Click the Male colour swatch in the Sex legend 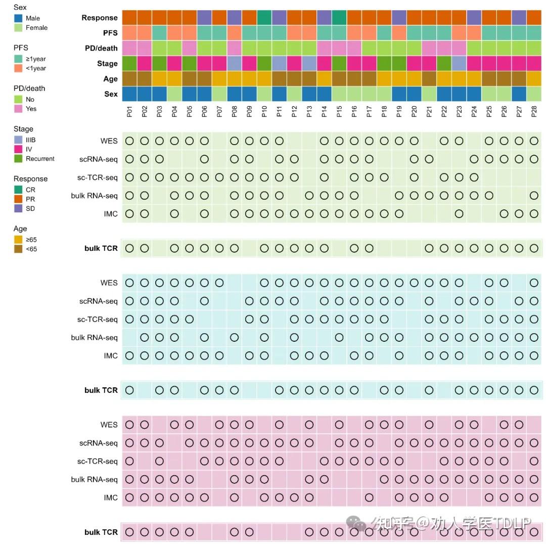(18, 18)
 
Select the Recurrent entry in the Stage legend (34, 159)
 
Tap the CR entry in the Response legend (25, 190)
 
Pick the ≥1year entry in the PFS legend (30, 59)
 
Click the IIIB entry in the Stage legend (25, 140)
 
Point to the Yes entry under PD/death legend (25, 109)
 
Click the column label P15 (339, 111)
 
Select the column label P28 (534, 111)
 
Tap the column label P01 (129, 111)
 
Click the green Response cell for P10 (264, 17)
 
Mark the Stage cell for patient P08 (235, 63)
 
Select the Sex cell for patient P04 (174, 94)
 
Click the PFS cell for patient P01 (129, 33)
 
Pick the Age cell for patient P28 (534, 79)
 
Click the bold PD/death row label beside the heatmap (101, 48)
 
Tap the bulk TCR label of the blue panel (101, 390)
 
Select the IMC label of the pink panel (111, 497)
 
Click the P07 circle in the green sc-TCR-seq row (219, 177)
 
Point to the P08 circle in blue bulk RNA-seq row (235, 337)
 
